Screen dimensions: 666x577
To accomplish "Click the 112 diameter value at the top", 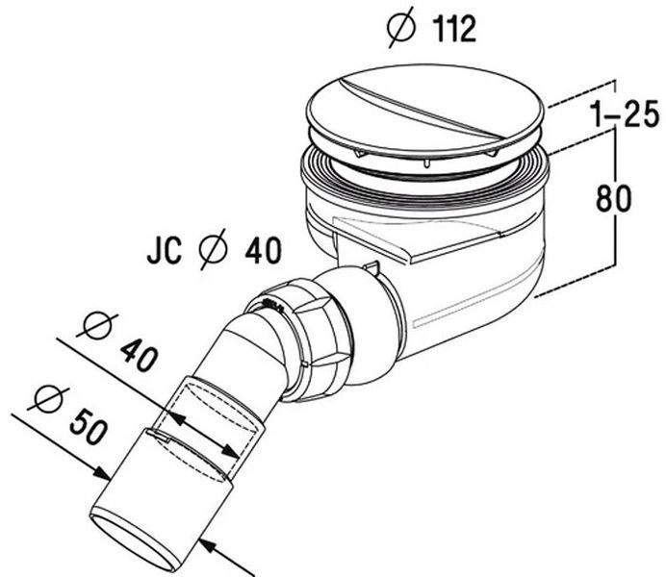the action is pyautogui.click(x=454, y=29).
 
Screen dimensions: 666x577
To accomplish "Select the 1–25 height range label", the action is pyautogui.click(x=625, y=113).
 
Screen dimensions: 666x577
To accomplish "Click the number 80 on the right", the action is pyautogui.click(x=613, y=198).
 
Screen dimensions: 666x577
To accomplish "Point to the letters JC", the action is pyautogui.click(x=165, y=251).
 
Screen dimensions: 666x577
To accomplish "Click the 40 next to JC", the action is pyautogui.click(x=263, y=250).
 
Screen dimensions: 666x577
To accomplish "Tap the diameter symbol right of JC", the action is pyautogui.click(x=214, y=249).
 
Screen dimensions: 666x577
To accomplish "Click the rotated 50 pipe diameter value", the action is pyautogui.click(x=87, y=426).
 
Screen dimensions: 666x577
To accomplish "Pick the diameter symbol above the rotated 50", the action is pyautogui.click(x=48, y=399).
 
